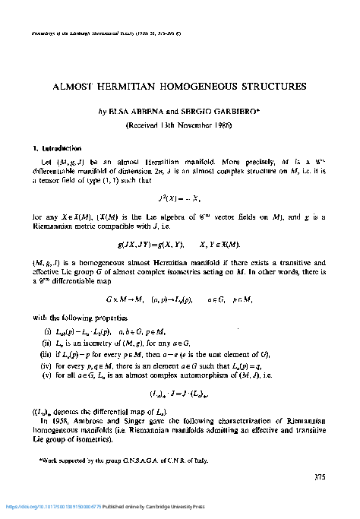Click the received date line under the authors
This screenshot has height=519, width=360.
pos(180,125)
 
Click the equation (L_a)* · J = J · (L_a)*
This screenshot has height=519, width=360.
pos(179,394)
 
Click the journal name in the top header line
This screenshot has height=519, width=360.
pos(84,35)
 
